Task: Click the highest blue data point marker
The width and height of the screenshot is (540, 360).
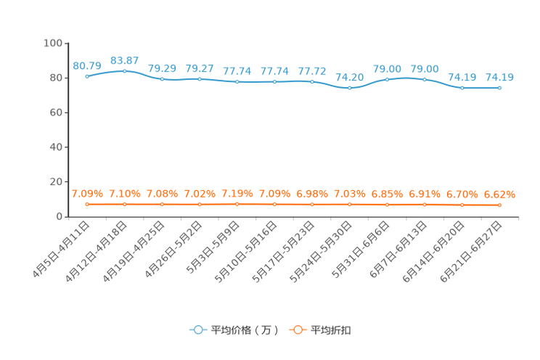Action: (125, 70)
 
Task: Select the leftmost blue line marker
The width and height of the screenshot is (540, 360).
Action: (87, 75)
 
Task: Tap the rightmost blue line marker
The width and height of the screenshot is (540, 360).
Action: (499, 87)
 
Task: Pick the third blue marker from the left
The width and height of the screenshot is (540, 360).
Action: (162, 78)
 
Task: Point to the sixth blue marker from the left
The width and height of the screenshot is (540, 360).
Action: (274, 81)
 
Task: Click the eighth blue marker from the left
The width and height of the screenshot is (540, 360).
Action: (350, 87)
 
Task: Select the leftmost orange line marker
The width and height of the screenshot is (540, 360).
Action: (87, 205)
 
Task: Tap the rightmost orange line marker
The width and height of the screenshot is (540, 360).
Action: (499, 205)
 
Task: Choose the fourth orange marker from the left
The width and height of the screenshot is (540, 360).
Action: (200, 205)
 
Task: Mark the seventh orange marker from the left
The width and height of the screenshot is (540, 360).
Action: (312, 205)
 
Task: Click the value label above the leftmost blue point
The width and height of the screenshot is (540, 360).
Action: (87, 65)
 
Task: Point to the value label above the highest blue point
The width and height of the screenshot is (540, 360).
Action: (125, 60)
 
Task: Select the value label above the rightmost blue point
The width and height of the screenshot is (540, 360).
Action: (499, 76)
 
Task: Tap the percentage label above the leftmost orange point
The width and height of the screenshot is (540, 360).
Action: (87, 194)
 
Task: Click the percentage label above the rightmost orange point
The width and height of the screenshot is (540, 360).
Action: (499, 195)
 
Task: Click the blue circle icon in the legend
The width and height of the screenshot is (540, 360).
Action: (197, 330)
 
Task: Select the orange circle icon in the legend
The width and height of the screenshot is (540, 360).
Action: (297, 330)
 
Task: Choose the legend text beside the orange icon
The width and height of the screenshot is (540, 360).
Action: (331, 330)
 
